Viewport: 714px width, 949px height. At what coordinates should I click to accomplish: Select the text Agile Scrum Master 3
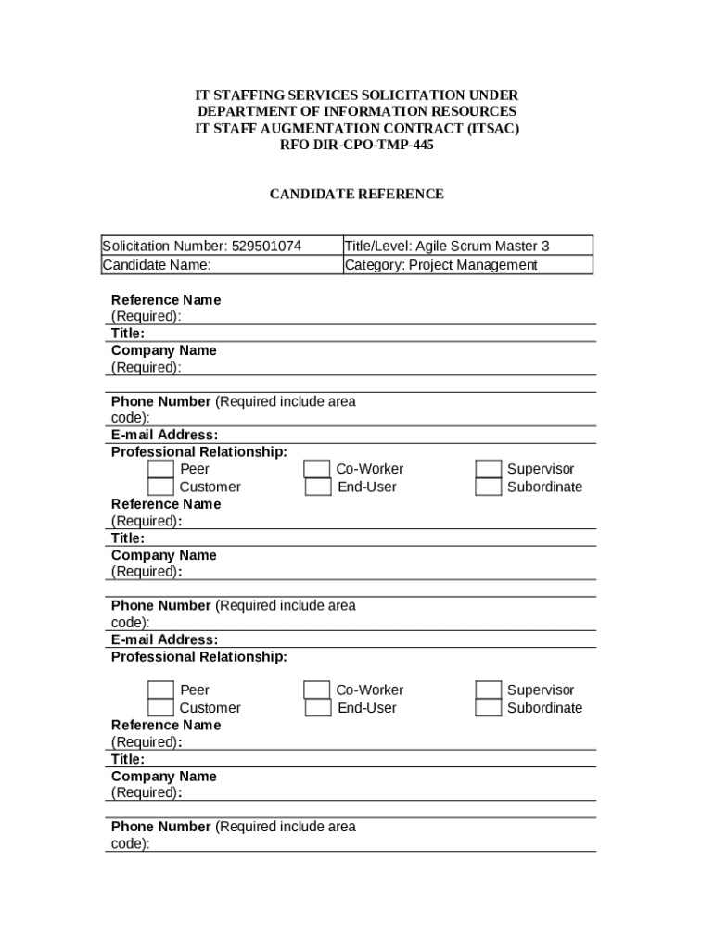pyautogui.click(x=482, y=246)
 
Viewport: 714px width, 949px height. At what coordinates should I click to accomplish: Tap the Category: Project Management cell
pyautogui.click(x=441, y=265)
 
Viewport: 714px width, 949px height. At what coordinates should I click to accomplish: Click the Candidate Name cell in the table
pyautogui.click(x=157, y=265)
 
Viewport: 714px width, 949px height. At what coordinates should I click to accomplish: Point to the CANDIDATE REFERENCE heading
pyautogui.click(x=356, y=195)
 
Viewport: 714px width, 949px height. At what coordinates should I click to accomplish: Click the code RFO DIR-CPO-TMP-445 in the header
pyautogui.click(x=356, y=145)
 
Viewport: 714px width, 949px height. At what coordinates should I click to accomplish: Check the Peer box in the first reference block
pyautogui.click(x=160, y=469)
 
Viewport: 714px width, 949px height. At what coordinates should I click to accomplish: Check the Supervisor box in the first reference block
pyautogui.click(x=488, y=469)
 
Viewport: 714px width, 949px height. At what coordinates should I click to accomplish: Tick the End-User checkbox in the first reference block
pyautogui.click(x=318, y=487)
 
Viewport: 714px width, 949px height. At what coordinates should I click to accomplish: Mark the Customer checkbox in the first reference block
pyautogui.click(x=160, y=487)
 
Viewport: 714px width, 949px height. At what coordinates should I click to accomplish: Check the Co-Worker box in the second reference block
pyautogui.click(x=317, y=690)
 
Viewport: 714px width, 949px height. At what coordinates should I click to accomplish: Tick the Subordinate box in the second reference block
pyautogui.click(x=488, y=708)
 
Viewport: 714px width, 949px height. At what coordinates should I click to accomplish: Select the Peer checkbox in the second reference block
pyautogui.click(x=160, y=690)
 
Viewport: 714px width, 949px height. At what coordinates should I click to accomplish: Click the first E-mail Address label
pyautogui.click(x=164, y=435)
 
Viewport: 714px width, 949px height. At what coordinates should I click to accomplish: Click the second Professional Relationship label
pyautogui.click(x=198, y=657)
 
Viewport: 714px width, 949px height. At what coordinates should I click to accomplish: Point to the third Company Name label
pyautogui.click(x=163, y=777)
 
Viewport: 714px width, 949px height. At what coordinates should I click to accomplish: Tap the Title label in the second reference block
pyautogui.click(x=128, y=538)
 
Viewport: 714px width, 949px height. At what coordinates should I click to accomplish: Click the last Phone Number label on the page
pyautogui.click(x=161, y=827)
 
